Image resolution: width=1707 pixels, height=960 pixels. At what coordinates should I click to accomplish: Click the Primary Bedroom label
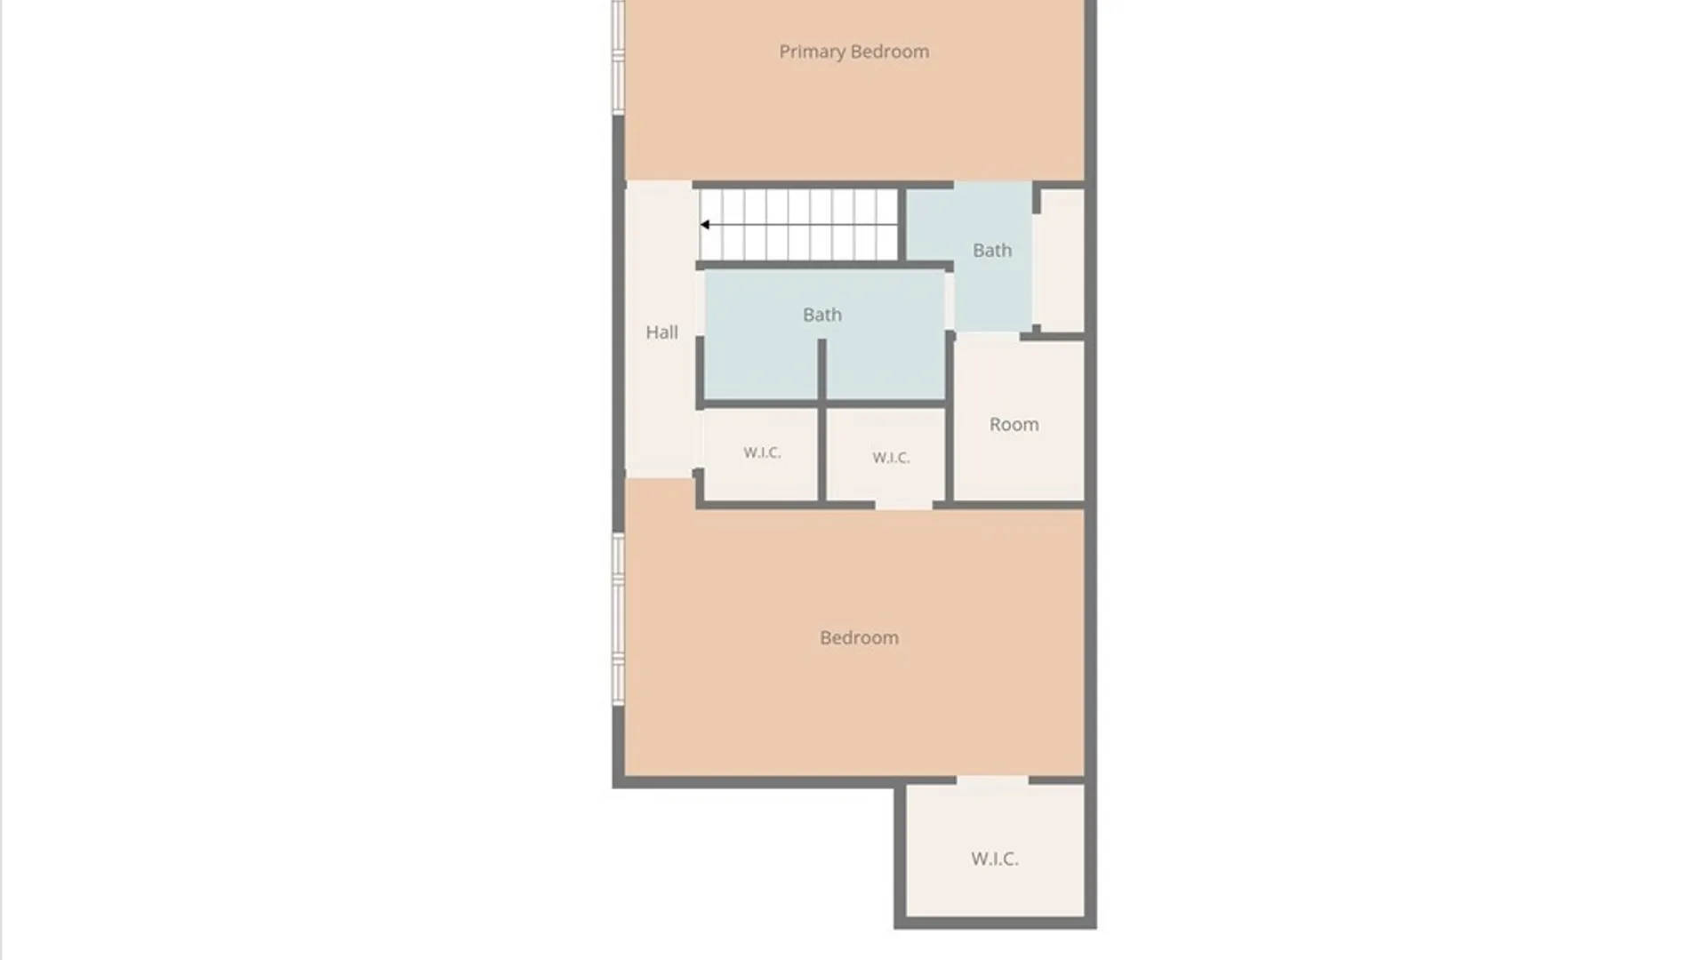tap(854, 52)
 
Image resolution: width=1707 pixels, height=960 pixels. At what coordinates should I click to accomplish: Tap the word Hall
tap(661, 332)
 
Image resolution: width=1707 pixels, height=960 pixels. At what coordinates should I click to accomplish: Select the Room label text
tap(1014, 425)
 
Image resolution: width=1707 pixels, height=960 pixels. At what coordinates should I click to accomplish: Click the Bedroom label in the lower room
tap(859, 637)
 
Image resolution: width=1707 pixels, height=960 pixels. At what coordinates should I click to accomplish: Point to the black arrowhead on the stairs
tap(704, 225)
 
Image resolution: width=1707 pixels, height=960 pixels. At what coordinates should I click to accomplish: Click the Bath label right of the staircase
tap(992, 251)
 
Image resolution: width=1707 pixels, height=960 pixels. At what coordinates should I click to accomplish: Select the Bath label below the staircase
tap(822, 315)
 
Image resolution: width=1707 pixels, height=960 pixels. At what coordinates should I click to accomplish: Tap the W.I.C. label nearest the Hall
tap(762, 452)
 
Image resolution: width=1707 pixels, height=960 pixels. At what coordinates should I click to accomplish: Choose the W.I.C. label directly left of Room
tap(891, 458)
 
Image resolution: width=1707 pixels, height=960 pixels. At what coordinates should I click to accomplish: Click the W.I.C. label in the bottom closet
tap(995, 859)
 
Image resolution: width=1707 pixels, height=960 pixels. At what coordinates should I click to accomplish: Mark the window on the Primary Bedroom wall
tap(618, 57)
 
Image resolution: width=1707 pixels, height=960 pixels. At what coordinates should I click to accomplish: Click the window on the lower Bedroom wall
tap(618, 620)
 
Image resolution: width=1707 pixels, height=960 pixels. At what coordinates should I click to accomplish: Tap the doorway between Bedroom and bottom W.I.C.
tap(992, 781)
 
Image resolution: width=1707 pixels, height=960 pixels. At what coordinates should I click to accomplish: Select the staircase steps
tap(799, 225)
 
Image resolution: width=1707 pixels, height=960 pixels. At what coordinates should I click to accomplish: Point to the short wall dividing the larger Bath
tap(822, 369)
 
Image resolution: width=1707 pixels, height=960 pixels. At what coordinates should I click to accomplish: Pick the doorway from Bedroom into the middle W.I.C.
tap(904, 505)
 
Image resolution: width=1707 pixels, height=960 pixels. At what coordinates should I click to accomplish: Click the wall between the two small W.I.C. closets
tap(822, 454)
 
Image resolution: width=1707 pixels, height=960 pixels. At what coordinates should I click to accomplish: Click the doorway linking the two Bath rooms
tap(950, 301)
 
